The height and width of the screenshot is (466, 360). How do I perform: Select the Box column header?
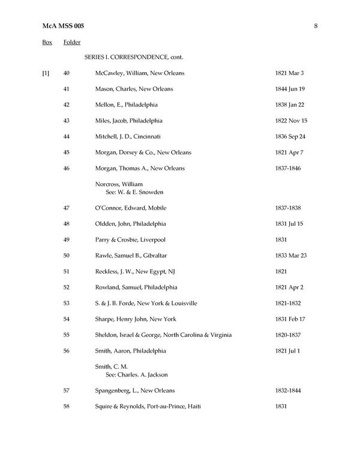click(x=47, y=43)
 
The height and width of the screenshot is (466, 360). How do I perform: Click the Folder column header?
click(x=72, y=43)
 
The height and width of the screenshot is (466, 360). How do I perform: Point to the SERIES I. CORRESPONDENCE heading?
click(x=134, y=58)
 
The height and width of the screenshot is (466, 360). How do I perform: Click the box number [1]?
click(x=46, y=73)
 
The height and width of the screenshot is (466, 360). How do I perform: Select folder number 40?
click(x=67, y=73)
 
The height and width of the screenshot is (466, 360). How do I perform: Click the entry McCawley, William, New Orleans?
click(x=140, y=73)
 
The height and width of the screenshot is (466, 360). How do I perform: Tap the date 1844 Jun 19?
click(x=290, y=89)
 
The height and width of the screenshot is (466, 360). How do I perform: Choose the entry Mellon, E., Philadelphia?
click(x=128, y=105)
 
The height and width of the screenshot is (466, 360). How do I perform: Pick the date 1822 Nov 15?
click(x=290, y=121)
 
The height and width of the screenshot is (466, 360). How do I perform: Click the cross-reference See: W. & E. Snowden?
click(x=135, y=192)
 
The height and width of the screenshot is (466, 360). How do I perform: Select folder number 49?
click(x=67, y=240)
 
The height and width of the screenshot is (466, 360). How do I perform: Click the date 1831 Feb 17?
click(x=290, y=319)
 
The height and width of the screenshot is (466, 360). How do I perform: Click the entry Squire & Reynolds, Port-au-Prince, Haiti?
click(x=148, y=407)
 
